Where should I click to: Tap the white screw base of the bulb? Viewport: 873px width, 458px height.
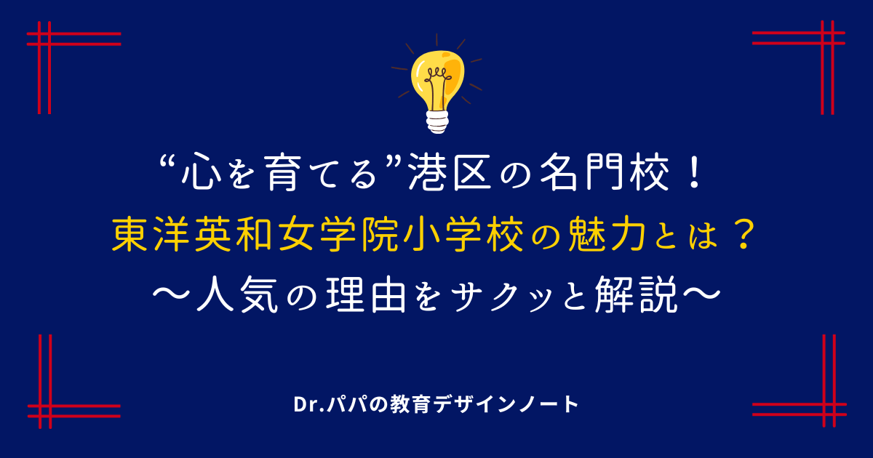[x=437, y=122]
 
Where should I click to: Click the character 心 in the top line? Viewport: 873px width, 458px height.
[x=202, y=172]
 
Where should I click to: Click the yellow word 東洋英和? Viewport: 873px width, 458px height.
[x=192, y=234]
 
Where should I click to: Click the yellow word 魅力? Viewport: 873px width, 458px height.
[x=607, y=234]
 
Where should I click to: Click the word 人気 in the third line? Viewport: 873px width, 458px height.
[x=238, y=294]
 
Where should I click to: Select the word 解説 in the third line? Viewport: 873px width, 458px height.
[x=636, y=294]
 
